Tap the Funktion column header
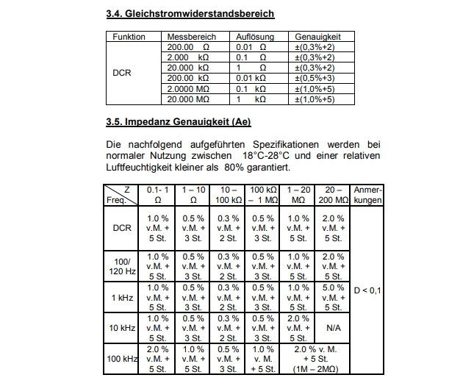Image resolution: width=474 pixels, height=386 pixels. click(x=129, y=36)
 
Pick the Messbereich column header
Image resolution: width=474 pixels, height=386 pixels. click(x=190, y=36)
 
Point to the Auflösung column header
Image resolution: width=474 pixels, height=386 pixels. click(x=255, y=36)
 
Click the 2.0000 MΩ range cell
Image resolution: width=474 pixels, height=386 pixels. click(x=188, y=88)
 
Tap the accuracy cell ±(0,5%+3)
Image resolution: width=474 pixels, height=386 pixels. click(x=315, y=78)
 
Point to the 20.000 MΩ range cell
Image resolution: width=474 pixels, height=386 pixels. click(x=188, y=99)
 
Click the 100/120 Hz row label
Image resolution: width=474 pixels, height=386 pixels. click(x=122, y=266)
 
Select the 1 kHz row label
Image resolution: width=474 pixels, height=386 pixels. click(x=122, y=297)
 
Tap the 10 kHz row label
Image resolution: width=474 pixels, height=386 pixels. click(x=122, y=328)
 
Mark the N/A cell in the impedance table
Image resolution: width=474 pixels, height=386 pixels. click(x=333, y=328)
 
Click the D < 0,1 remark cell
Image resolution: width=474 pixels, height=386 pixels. click(x=367, y=291)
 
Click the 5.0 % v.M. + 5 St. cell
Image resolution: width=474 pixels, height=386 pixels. click(x=333, y=297)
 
